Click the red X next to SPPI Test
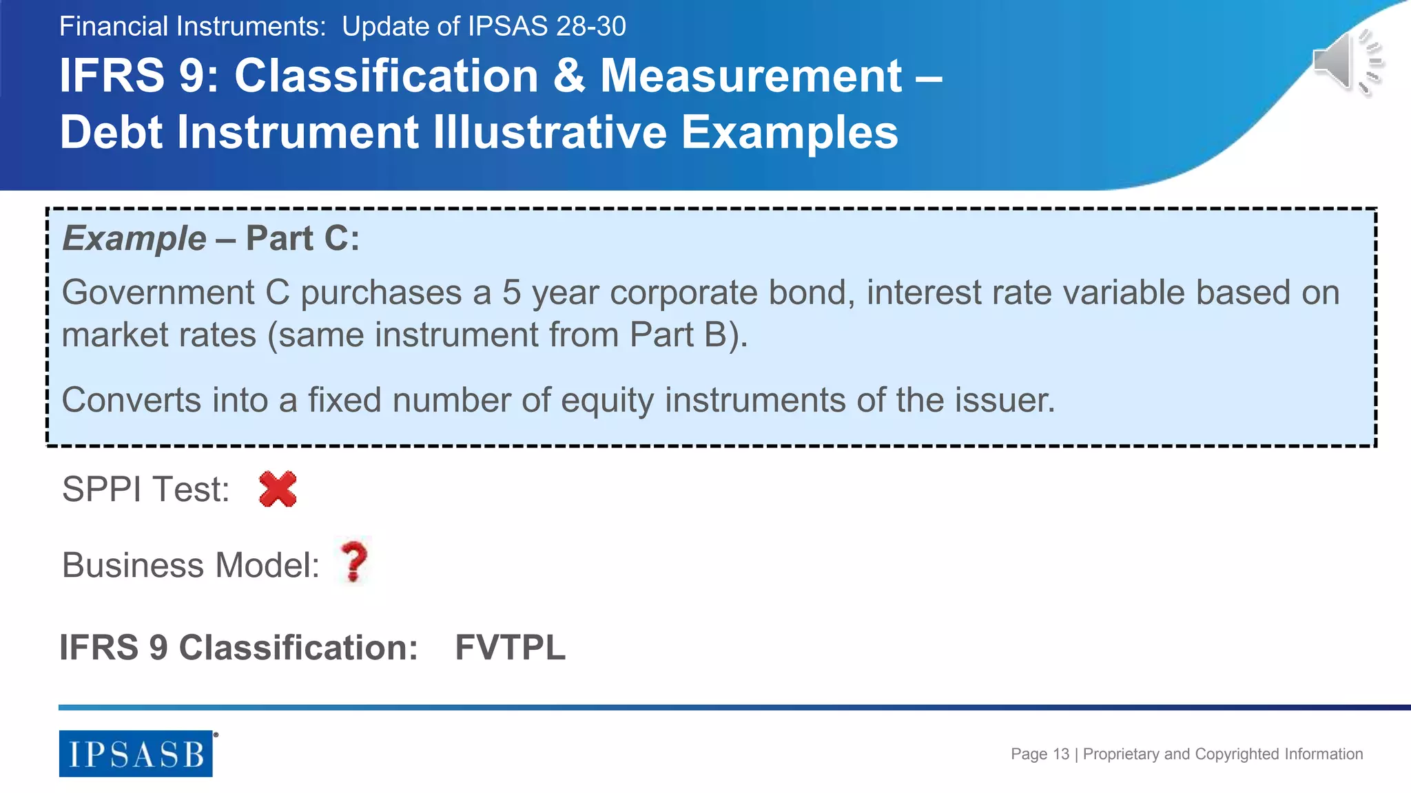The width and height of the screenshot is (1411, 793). pyautogui.click(x=278, y=489)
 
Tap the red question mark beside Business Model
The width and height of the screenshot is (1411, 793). pyautogui.click(x=354, y=562)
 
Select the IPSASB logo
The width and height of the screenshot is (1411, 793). pyautogui.click(x=136, y=754)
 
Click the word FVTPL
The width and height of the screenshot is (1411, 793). pyautogui.click(x=510, y=648)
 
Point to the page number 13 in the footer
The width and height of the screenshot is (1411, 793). pyautogui.click(x=1061, y=754)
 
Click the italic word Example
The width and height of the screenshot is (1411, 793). pyautogui.click(x=134, y=239)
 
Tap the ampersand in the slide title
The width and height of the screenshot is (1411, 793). pyautogui.click(x=568, y=76)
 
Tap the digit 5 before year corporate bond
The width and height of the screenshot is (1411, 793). pyautogui.click(x=511, y=293)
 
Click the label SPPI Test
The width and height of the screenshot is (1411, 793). pyautogui.click(x=145, y=489)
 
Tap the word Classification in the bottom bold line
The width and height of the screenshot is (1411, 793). pyautogui.click(x=298, y=648)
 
